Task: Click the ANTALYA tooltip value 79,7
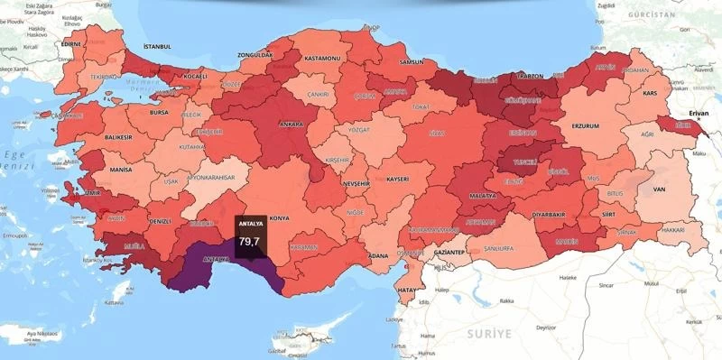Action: pos(249,241)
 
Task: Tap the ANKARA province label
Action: pos(291,124)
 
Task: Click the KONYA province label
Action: pos(279,218)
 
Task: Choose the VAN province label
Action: pos(659,189)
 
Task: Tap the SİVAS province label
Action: pos(438,133)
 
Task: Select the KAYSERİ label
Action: pos(403,180)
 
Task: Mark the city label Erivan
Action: pos(699,113)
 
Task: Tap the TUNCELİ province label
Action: pos(524,164)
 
